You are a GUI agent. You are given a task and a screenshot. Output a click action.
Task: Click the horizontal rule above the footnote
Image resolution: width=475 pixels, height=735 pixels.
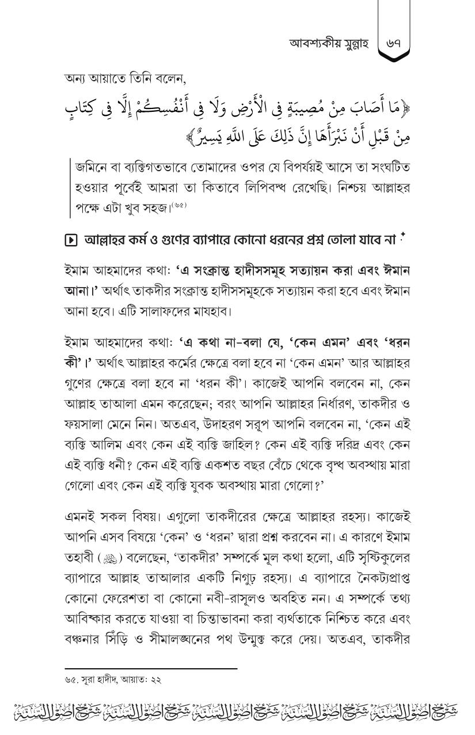tap(151, 669)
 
